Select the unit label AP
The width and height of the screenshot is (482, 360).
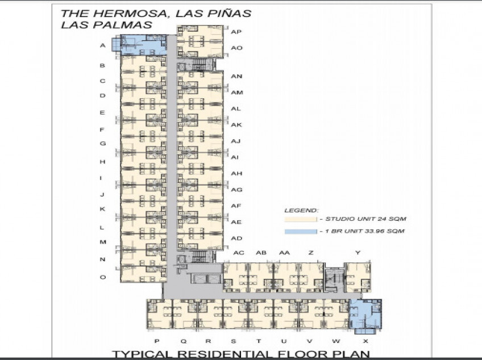point(236,32)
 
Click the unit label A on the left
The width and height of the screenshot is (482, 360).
point(103,45)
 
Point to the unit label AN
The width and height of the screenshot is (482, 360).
point(237,76)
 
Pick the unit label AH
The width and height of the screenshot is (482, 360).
point(237,173)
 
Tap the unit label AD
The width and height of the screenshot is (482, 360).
point(237,238)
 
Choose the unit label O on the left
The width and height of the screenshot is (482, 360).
point(103,277)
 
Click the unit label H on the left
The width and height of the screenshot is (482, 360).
point(103,162)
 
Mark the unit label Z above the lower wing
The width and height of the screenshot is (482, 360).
point(310,252)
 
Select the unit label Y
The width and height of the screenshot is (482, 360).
point(358,252)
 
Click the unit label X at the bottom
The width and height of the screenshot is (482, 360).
point(365,341)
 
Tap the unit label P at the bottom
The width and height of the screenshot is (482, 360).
point(157,341)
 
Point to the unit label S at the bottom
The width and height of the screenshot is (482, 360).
point(233,341)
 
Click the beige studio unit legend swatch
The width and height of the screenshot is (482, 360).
point(300,219)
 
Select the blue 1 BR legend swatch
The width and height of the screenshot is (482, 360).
point(300,232)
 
